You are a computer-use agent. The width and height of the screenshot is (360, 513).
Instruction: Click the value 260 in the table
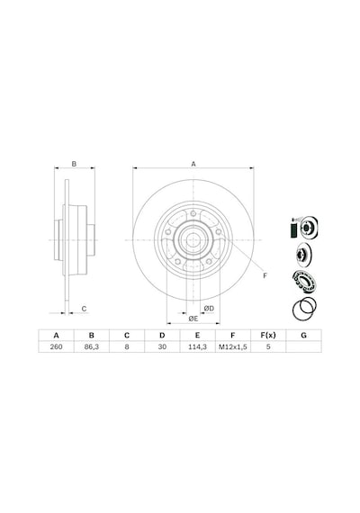[57, 346]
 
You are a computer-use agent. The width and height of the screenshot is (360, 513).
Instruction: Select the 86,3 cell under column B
[92, 346]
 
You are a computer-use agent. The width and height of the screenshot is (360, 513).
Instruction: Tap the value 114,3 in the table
[197, 346]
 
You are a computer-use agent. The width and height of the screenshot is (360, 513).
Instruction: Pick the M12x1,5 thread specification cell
[233, 346]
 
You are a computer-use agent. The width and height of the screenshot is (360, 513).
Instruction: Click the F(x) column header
[268, 336]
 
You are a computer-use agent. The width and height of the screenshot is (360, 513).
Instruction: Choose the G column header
[303, 336]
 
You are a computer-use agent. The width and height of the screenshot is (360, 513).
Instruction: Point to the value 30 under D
[162, 346]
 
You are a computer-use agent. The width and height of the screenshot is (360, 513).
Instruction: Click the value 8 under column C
[127, 346]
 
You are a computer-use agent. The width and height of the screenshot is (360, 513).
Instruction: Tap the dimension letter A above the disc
[193, 164]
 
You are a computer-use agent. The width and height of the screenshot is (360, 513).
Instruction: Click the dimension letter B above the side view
[74, 164]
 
